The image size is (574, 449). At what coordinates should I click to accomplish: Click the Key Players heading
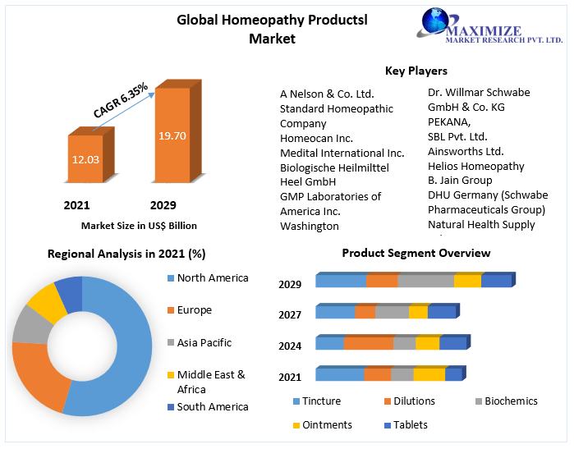(416, 71)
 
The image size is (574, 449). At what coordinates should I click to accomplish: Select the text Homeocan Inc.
(316, 138)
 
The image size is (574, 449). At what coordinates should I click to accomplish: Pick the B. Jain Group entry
(460, 180)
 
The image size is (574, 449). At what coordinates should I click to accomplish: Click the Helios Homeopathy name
(475, 166)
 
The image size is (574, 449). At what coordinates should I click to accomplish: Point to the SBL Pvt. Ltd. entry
(457, 136)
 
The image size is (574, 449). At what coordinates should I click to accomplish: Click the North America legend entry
(212, 278)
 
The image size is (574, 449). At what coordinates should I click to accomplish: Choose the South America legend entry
(212, 407)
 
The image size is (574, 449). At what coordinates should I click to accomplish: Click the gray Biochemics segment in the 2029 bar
(425, 282)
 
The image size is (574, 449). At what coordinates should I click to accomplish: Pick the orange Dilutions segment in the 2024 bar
(369, 343)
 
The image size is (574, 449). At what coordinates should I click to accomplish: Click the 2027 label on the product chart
(290, 314)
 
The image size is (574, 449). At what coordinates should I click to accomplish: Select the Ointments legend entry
(332, 424)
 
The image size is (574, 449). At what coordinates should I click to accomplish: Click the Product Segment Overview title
(416, 253)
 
